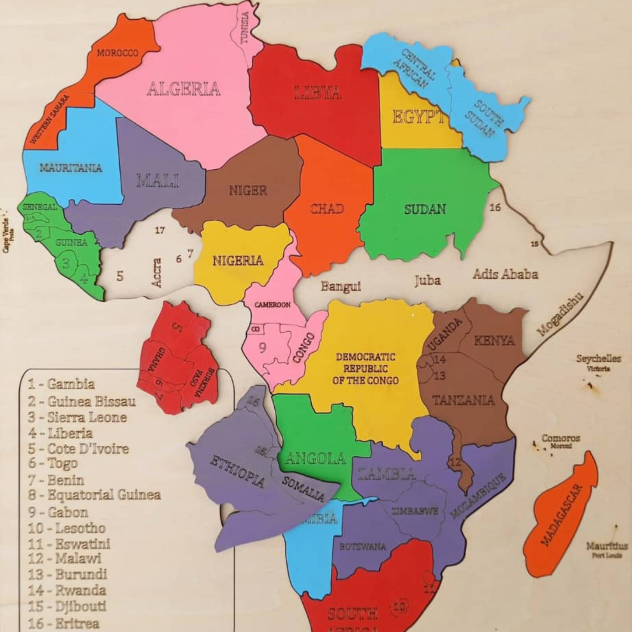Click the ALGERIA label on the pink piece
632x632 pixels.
coord(183,89)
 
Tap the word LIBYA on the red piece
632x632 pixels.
coord(318,93)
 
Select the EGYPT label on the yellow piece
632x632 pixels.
coord(418,117)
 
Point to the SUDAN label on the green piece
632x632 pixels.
coord(425,210)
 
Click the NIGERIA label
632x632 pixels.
coord(238,261)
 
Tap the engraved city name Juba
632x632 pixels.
coord(428,280)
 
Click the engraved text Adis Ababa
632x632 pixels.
coord(505,275)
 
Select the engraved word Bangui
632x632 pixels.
coord(341,286)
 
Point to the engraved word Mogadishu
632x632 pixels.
coord(560,315)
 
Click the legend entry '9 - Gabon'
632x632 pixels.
coord(58,512)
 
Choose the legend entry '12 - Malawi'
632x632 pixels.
coord(65,559)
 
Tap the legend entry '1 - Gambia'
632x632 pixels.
coord(61,384)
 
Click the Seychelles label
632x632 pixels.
coord(598,359)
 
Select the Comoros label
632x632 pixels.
coord(561,438)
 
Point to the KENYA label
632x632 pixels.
coord(494,341)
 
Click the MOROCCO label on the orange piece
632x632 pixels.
coord(117,53)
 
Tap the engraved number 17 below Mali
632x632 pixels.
coord(160,230)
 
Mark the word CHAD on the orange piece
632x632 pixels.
coord(327,209)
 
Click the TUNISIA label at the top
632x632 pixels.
coord(244,27)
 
